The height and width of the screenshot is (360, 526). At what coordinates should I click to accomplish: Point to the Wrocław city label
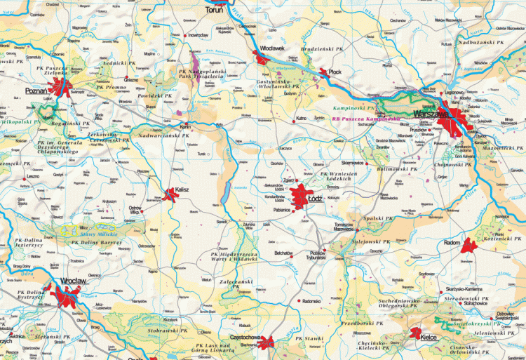74,281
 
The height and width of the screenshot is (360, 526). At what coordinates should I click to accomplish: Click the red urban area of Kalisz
172,193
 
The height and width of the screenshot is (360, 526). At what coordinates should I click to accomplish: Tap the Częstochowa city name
241,337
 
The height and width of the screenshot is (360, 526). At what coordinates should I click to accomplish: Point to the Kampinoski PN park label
355,109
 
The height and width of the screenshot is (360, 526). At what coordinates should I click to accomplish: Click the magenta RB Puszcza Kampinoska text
366,119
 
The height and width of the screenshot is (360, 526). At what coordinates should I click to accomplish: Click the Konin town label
186,127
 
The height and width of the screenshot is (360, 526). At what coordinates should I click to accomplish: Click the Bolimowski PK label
397,169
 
